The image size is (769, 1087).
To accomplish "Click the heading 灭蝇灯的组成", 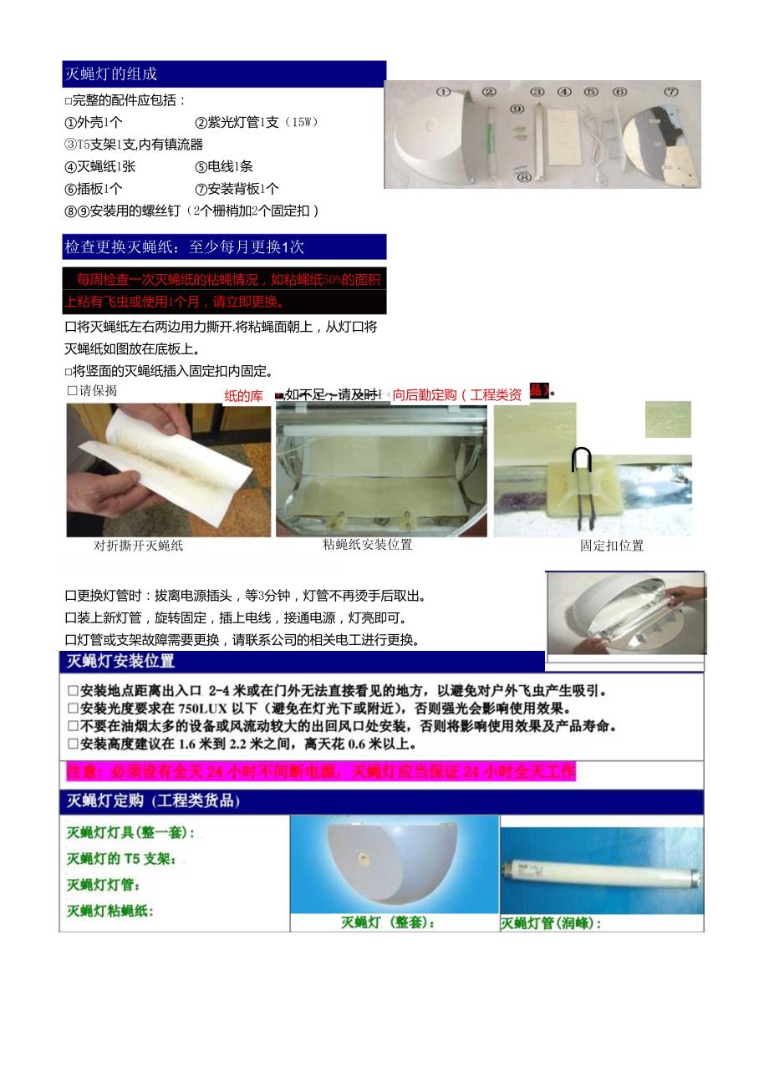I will (x=111, y=74).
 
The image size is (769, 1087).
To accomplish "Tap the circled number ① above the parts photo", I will (x=443, y=92).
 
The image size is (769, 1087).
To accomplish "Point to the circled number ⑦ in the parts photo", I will (x=671, y=92).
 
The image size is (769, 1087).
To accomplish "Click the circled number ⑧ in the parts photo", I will (x=524, y=177).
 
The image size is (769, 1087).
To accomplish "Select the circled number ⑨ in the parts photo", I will (x=517, y=109).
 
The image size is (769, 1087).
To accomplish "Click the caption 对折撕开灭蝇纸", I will (x=139, y=546).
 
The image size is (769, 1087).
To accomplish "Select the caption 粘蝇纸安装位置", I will (x=368, y=545).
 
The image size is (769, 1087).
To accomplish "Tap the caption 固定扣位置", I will (x=612, y=546).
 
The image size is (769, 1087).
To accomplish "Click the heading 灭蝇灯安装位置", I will (x=120, y=662).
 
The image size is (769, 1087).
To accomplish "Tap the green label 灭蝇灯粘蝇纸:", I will (x=110, y=911).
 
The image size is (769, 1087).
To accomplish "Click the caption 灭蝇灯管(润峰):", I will (x=551, y=923).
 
